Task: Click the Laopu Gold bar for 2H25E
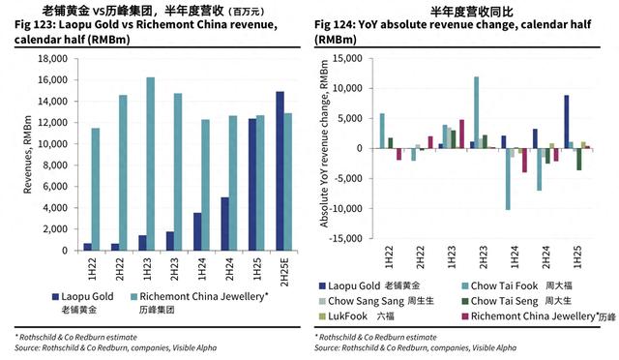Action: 280,170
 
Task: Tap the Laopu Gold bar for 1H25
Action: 252,184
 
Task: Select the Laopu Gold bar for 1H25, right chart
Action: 566,122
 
